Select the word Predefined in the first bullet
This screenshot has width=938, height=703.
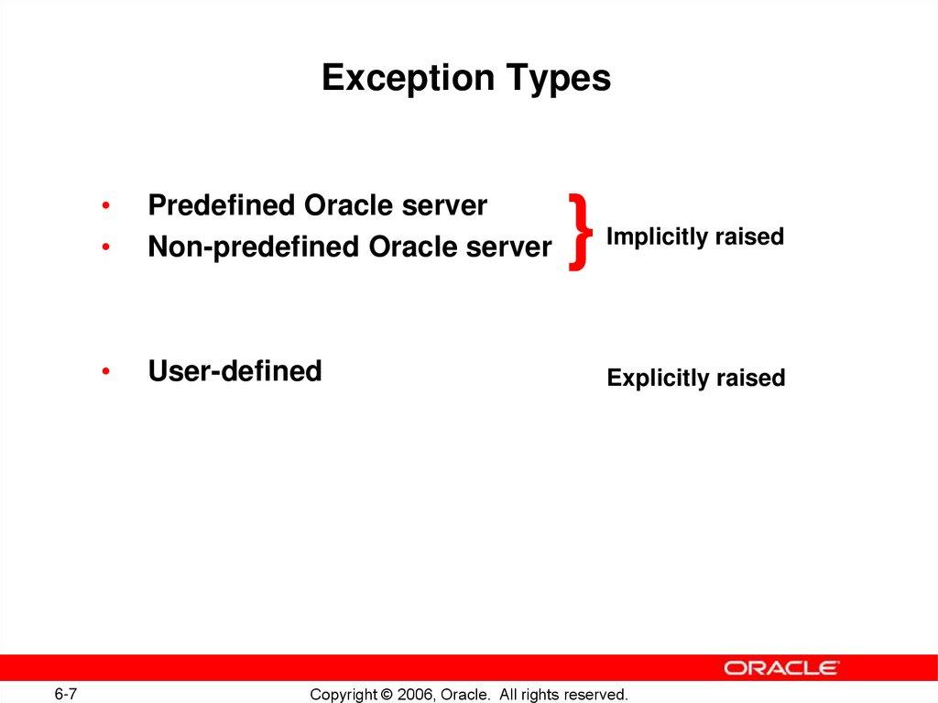(x=222, y=205)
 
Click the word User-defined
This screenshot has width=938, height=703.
(x=234, y=371)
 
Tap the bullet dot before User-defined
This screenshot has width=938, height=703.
(x=106, y=372)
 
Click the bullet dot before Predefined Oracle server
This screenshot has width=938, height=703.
(x=106, y=207)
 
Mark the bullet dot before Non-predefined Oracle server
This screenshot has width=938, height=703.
(x=106, y=248)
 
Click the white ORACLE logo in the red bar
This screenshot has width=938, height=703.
(x=781, y=667)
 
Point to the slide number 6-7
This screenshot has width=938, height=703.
(x=65, y=693)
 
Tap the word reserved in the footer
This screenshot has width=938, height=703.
(x=595, y=695)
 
